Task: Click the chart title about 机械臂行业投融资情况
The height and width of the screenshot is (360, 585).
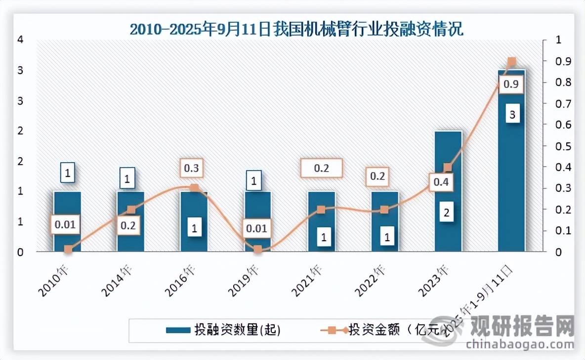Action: pos(296,29)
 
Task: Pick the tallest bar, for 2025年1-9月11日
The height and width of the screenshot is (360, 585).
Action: pos(511,163)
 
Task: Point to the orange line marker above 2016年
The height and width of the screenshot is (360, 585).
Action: pos(194,188)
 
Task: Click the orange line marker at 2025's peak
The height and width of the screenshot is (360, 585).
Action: pos(512,62)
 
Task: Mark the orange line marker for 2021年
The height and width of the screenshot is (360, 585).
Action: pos(321,209)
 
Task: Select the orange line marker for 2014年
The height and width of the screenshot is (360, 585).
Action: pos(131,210)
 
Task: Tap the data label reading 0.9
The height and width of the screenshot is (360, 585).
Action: pos(510,85)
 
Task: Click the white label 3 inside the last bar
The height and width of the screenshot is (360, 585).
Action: pos(512,115)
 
